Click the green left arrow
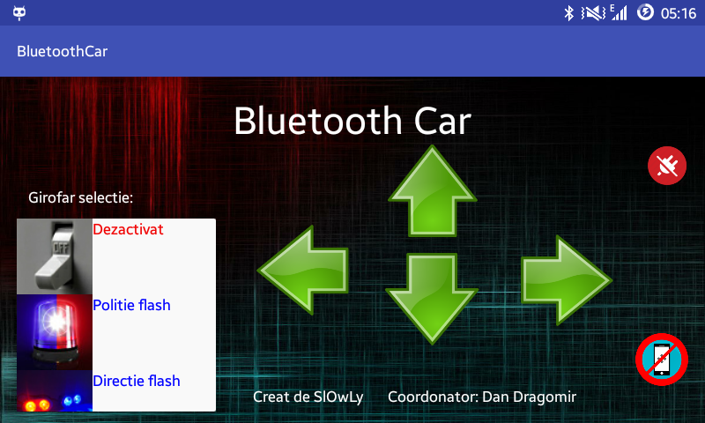pyautogui.click(x=303, y=270)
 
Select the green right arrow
pyautogui.click(x=566, y=280)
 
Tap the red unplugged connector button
pyautogui.click(x=667, y=166)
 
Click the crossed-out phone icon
pyautogui.click(x=662, y=360)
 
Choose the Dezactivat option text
pyautogui.click(x=128, y=230)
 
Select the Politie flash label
pyautogui.click(x=131, y=305)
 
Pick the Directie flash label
pyautogui.click(x=137, y=381)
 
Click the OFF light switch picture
pyautogui.click(x=55, y=256)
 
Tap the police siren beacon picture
pyautogui.click(x=55, y=332)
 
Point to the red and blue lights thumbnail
pyautogui.click(x=55, y=390)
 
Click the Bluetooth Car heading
pyautogui.click(x=352, y=121)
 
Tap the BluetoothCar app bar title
pyautogui.click(x=62, y=51)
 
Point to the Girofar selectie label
pyautogui.click(x=80, y=197)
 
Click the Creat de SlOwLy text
pyautogui.click(x=308, y=397)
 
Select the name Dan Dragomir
pyautogui.click(x=530, y=397)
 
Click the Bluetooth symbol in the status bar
pyautogui.click(x=568, y=13)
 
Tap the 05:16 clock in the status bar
pyautogui.click(x=679, y=13)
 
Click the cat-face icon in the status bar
pyautogui.click(x=19, y=13)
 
